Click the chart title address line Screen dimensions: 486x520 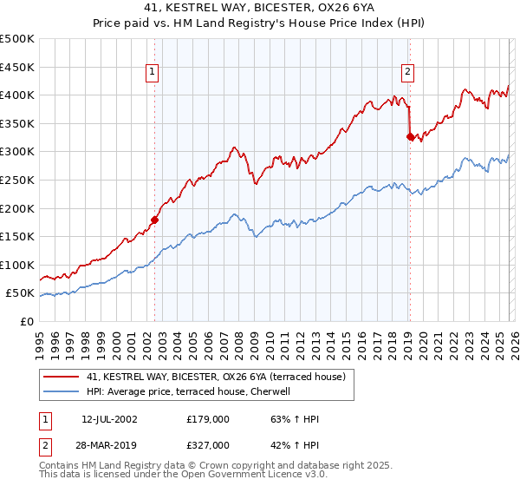tap(260, 8)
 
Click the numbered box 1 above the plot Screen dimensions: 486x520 tap(153, 73)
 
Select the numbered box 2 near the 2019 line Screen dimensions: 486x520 tap(406, 73)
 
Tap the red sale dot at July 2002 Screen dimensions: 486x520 tap(155, 220)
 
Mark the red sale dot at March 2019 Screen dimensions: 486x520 tap(410, 135)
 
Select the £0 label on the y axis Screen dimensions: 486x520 tap(25, 321)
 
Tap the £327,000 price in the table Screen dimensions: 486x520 tap(208, 444)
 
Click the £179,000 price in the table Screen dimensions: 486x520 tap(208, 418)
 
